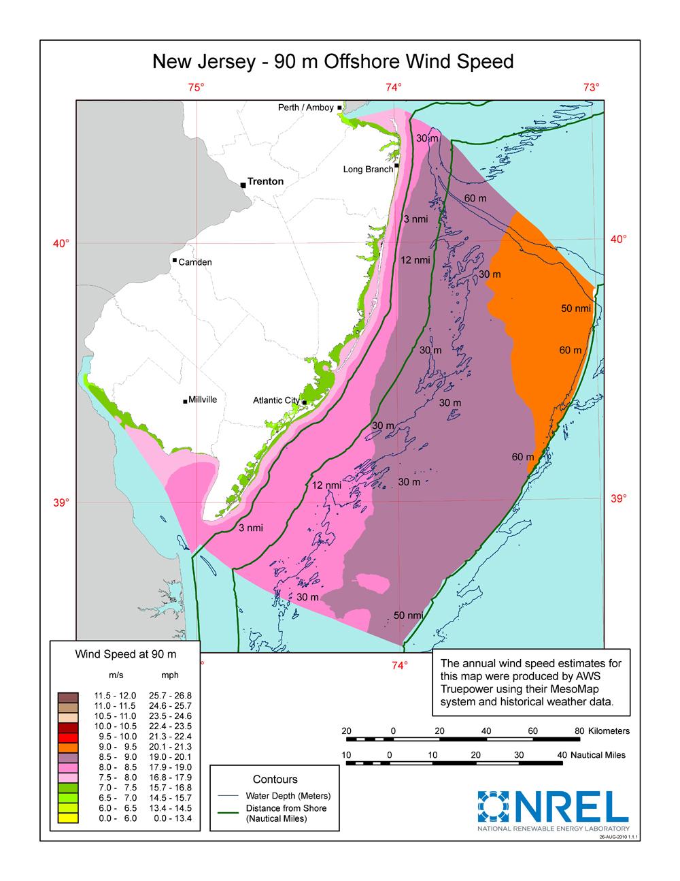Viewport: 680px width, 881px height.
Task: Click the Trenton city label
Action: pos(265,182)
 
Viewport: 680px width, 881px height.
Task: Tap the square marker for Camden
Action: pos(175,260)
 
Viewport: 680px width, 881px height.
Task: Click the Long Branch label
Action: pos(368,169)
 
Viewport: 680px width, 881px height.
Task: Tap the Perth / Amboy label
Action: pos(306,108)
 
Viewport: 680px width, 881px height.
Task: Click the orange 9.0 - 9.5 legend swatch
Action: pos(69,746)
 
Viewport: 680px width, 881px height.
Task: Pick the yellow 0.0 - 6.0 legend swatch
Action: pos(69,818)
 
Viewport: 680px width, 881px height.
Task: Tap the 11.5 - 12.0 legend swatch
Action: pos(69,696)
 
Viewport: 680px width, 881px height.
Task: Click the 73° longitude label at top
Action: pos(590,87)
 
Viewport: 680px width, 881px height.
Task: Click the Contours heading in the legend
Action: pos(275,779)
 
